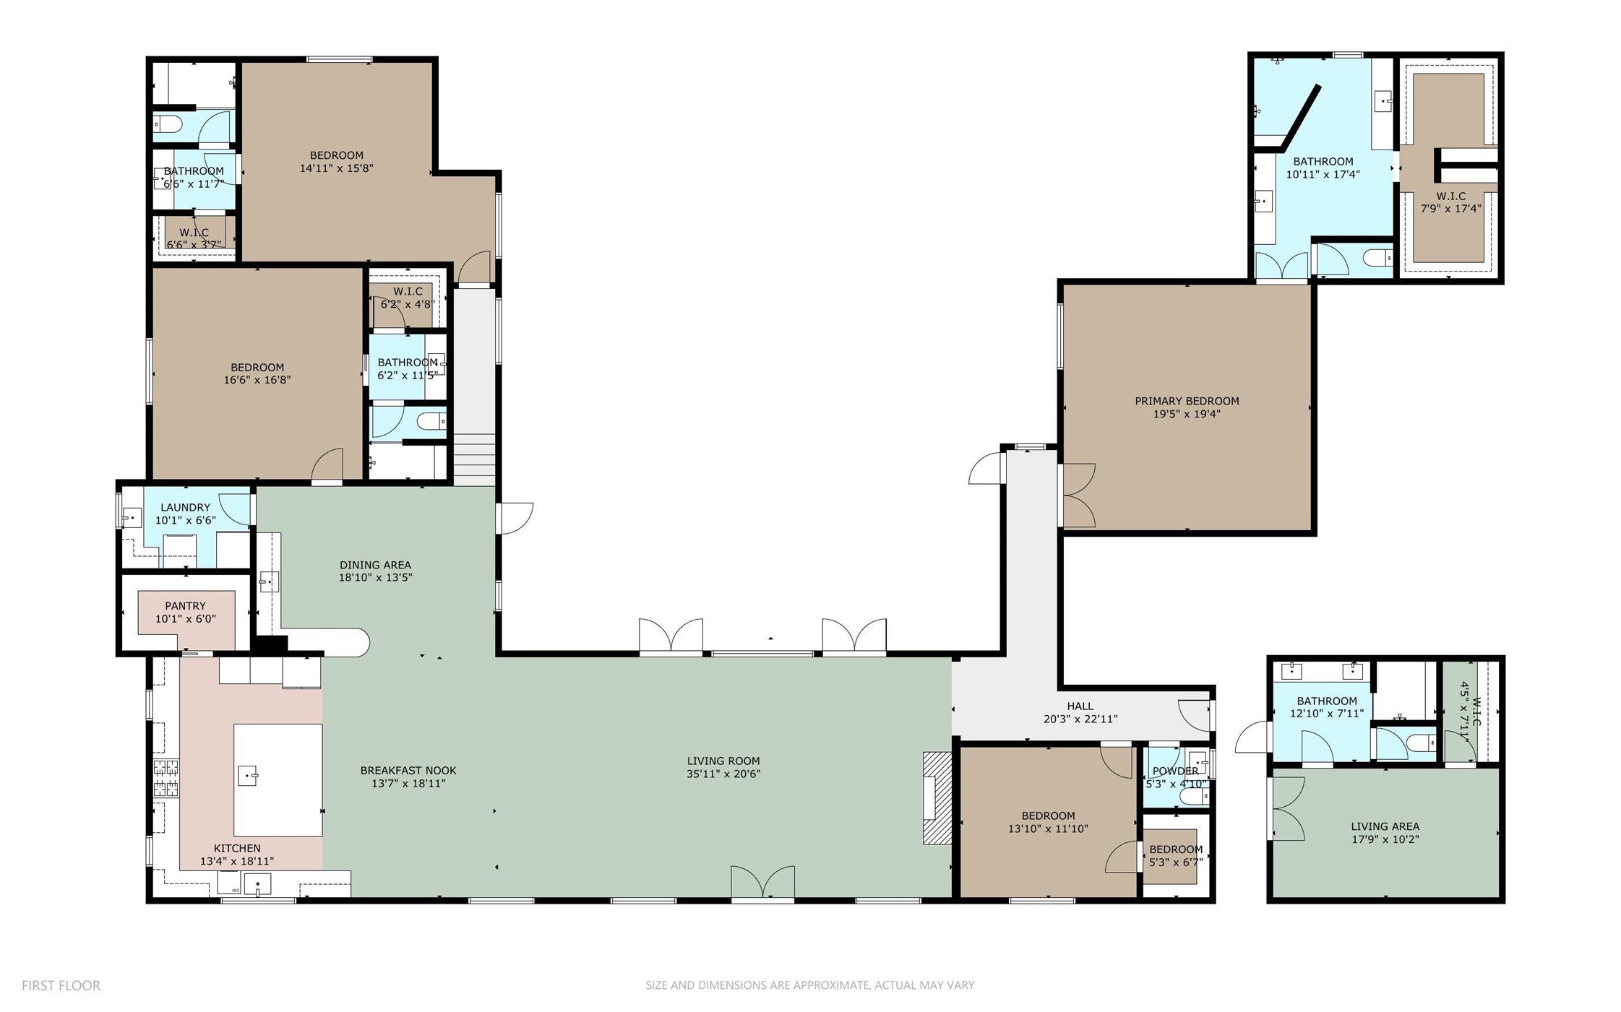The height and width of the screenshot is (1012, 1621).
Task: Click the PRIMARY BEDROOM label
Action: pos(1186,401)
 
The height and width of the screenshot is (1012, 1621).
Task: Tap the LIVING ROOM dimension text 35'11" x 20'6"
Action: pos(723,774)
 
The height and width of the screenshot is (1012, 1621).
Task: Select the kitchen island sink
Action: pos(248,777)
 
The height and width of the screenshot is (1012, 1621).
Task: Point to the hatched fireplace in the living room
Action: pos(937,797)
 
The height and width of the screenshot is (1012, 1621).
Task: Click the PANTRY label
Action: pos(185,606)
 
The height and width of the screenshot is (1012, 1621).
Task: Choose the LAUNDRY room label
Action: pos(185,508)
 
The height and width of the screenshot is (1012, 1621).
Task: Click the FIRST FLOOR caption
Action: pos(61,985)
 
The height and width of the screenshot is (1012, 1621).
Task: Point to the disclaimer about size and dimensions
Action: pos(809,985)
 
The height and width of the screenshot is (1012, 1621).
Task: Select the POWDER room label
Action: pos(1175,771)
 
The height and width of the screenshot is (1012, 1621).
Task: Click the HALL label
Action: pos(1080,706)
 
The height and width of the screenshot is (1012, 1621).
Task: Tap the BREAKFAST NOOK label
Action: pos(408,771)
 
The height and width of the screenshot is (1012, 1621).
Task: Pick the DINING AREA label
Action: pos(375,565)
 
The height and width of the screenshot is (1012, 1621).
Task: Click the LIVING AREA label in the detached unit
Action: pos(1385,826)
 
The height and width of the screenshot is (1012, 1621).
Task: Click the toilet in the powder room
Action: pos(1195,796)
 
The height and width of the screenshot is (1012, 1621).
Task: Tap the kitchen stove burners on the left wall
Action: pos(165,778)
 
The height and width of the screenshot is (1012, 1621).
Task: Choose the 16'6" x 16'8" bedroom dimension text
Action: pos(257,380)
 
